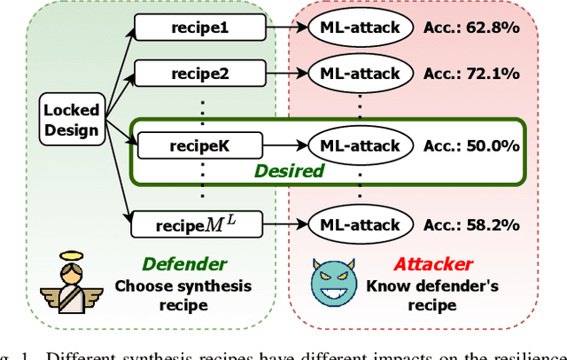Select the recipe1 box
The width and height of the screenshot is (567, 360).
(199, 27)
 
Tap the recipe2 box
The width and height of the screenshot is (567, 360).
(199, 74)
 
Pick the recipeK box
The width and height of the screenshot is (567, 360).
(199, 143)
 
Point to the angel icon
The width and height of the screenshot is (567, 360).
(68, 282)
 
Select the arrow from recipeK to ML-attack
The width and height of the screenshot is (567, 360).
(285, 143)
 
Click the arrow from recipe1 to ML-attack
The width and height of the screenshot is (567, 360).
(285, 27)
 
